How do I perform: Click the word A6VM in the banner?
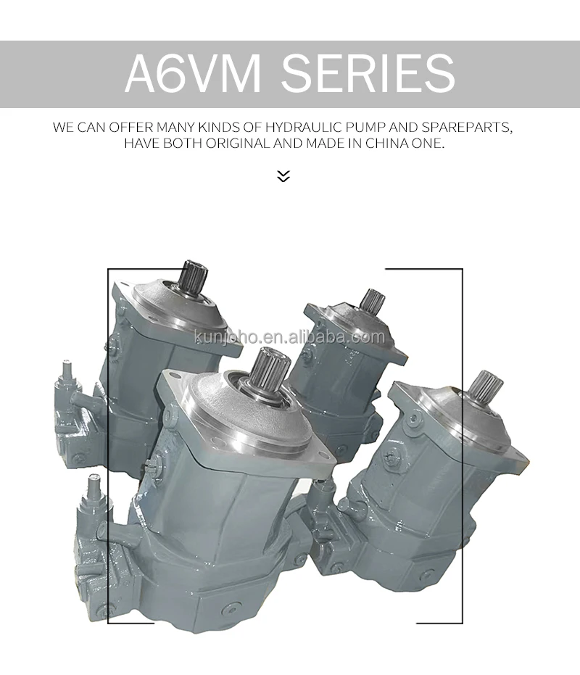click(193, 73)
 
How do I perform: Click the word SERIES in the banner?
click(368, 73)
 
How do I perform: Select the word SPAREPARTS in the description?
click(467, 128)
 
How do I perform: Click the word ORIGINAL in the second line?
click(238, 143)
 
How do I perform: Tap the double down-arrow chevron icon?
click(283, 176)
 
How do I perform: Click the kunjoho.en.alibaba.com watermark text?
click(290, 336)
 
